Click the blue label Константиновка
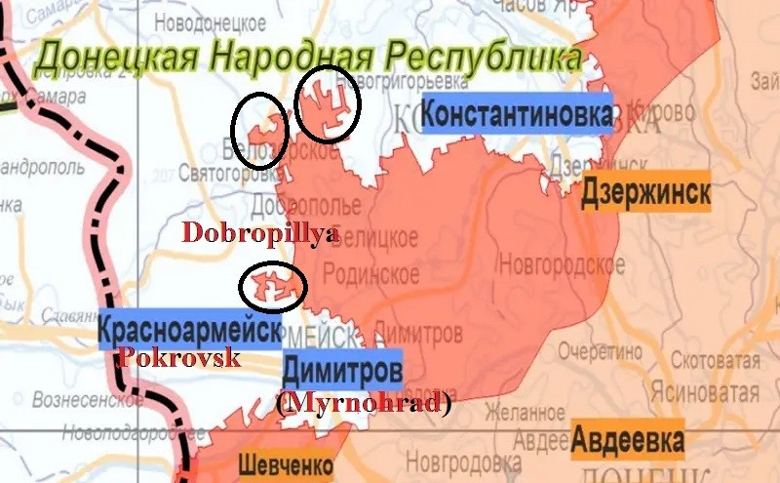(518, 115)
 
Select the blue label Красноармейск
(189, 332)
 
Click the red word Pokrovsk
(178, 358)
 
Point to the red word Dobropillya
(261, 233)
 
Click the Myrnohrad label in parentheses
(364, 403)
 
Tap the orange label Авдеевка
(628, 440)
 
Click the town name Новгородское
(562, 263)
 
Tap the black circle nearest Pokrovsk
(272, 285)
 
